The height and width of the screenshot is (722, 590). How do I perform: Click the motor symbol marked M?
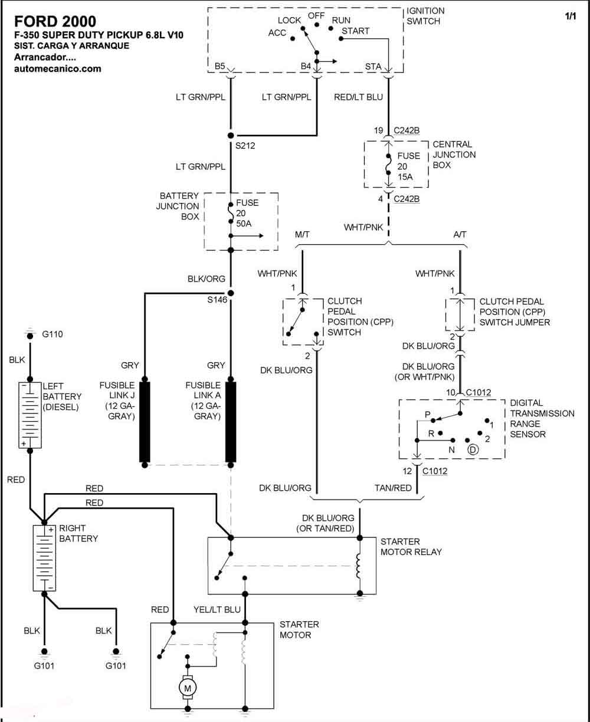click(x=187, y=688)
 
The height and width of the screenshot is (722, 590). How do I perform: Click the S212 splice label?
click(x=245, y=146)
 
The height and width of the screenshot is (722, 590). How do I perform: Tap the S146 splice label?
click(x=217, y=300)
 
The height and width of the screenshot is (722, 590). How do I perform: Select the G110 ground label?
click(x=53, y=334)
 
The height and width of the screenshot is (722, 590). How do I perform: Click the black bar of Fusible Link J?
click(x=145, y=422)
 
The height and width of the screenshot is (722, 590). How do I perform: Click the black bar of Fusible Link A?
click(x=231, y=422)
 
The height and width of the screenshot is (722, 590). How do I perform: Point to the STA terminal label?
click(x=373, y=67)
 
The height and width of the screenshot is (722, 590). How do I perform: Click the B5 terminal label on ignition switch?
click(x=220, y=65)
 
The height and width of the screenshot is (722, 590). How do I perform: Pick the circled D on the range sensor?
click(x=473, y=449)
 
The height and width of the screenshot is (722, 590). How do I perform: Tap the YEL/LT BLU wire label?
click(x=217, y=609)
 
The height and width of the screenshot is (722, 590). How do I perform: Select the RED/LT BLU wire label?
click(x=358, y=97)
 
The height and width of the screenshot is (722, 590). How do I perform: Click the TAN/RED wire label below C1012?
click(x=393, y=488)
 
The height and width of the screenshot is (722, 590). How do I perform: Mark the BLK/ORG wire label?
click(x=206, y=279)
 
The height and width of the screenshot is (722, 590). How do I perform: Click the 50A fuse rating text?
click(x=244, y=224)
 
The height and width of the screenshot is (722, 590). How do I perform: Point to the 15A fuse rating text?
click(x=405, y=177)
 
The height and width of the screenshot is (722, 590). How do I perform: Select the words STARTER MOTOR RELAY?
click(x=411, y=547)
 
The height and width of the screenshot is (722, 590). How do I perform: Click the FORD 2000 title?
click(x=55, y=22)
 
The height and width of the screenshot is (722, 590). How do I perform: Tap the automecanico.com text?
click(x=58, y=69)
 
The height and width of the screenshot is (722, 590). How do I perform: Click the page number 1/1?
click(x=571, y=16)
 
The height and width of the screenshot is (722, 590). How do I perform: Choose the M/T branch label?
click(x=302, y=235)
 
